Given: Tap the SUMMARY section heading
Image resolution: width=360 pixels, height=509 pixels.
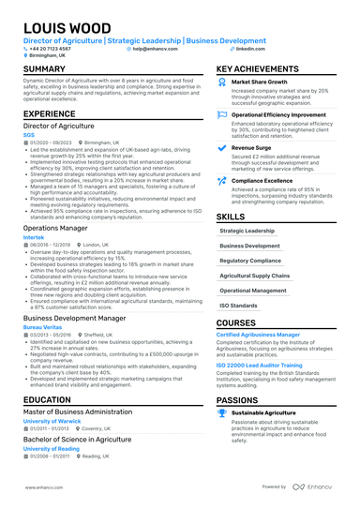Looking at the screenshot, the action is pyautogui.click(x=44, y=69).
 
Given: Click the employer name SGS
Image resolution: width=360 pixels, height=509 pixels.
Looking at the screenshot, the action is pyautogui.click(x=28, y=133).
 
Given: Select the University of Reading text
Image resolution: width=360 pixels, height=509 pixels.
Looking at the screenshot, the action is pyautogui.click(x=52, y=449).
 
